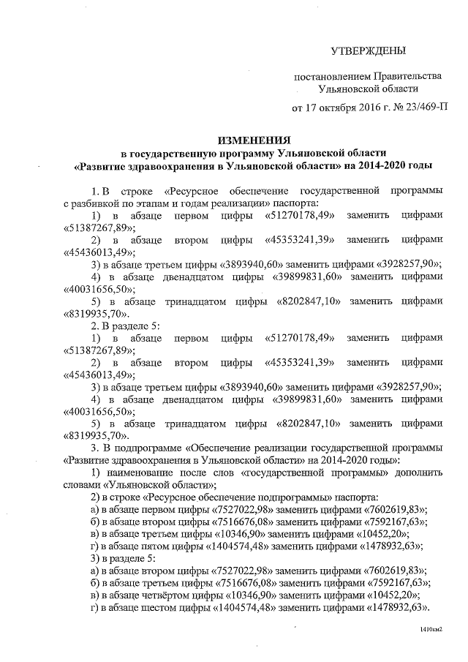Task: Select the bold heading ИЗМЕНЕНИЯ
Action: click(252, 139)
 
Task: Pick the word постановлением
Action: click(327, 76)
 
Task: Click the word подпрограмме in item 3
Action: click(146, 448)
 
